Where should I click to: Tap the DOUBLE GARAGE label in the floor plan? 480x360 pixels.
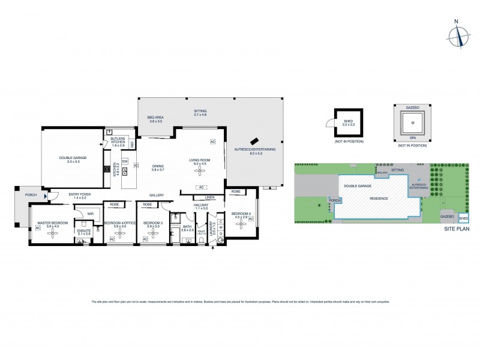coord(73,159)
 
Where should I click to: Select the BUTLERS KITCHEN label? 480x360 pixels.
coord(118,143)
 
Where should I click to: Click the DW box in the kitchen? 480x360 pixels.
coord(125,161)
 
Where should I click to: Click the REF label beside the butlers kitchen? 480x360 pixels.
coord(133,144)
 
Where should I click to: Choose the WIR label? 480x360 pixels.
coord(90,213)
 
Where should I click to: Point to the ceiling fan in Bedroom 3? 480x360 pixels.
coord(152,236)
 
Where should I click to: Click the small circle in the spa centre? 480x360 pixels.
coord(412,123)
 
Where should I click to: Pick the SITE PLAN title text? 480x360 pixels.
coord(457,229)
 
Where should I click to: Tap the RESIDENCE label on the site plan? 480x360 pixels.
coord(379,199)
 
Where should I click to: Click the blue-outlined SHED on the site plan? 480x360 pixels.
coord(463,218)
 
